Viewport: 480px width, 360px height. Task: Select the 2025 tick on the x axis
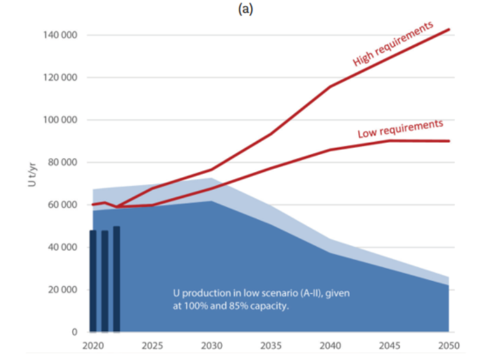point(152,347)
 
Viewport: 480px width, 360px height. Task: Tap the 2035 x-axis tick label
point(271,347)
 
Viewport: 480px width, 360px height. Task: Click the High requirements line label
point(393,43)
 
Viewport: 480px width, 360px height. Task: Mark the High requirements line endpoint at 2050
point(449,29)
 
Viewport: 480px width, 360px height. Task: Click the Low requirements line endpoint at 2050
point(449,141)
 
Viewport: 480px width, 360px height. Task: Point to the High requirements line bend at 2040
point(330,87)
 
